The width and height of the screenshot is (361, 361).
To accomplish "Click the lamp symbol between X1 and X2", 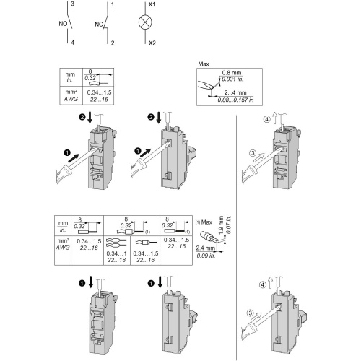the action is click(145, 22).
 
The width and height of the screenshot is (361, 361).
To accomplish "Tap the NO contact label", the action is click(63, 24).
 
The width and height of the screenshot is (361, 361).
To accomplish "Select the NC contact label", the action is click(99, 25).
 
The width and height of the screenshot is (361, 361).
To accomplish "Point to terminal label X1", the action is click(152, 4).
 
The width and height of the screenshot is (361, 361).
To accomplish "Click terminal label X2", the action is click(152, 43).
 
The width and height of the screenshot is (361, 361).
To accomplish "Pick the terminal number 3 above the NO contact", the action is click(72, 4).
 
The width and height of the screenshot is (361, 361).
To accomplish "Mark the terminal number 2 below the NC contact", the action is click(113, 43).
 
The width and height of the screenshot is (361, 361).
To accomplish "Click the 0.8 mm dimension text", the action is click(232, 73).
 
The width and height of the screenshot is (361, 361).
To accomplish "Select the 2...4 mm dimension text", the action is click(235, 92).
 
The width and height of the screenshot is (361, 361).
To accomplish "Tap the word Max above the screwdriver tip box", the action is click(204, 64).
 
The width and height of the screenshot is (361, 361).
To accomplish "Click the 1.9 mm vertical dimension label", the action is click(221, 225).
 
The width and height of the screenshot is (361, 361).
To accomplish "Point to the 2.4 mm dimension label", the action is click(205, 248).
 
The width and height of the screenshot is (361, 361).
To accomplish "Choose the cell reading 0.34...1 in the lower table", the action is click(116, 253).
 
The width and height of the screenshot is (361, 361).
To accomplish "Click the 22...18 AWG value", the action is click(116, 260).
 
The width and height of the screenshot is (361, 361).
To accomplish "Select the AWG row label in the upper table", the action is click(71, 99).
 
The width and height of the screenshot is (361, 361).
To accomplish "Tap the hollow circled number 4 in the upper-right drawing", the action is click(266, 119).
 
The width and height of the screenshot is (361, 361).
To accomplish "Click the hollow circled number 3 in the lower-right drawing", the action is click(251, 313).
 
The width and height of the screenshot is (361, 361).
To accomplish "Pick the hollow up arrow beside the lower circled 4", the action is click(271, 282).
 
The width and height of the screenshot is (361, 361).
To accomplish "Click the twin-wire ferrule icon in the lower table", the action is click(116, 243).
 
